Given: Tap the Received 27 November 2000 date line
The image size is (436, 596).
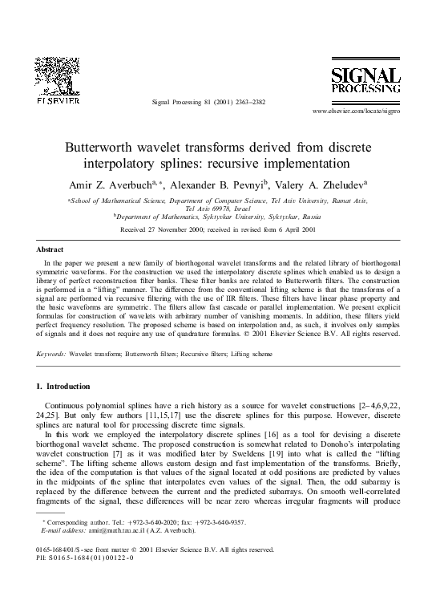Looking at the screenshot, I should (x=217, y=229).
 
